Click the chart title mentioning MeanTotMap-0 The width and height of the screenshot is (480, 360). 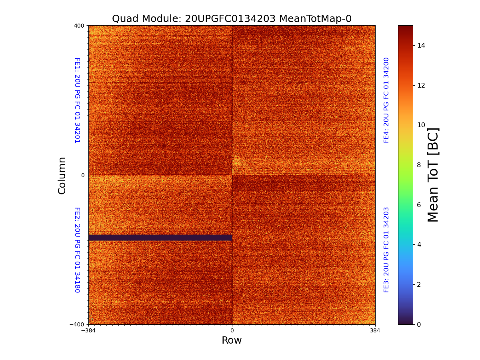pyautogui.click(x=232, y=19)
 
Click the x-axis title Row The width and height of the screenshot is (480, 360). pyautogui.click(x=232, y=340)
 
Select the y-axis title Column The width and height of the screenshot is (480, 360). pyautogui.click(x=62, y=175)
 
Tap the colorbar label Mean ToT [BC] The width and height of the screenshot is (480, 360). pyautogui.click(x=433, y=175)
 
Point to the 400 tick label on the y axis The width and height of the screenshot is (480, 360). pyautogui.click(x=79, y=26)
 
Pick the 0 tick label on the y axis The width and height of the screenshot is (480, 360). pyautogui.click(x=83, y=175)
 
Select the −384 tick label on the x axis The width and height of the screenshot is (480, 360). pyautogui.click(x=88, y=331)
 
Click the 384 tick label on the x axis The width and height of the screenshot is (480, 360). pyautogui.click(x=375, y=331)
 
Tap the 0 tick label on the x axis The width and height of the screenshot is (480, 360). pyautogui.click(x=232, y=331)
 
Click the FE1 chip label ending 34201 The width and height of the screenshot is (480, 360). pyautogui.click(x=77, y=100)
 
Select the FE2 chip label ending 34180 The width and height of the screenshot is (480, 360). pyautogui.click(x=77, y=250)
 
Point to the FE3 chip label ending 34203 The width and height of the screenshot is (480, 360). pyautogui.click(x=386, y=250)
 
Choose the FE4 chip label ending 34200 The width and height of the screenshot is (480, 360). pyautogui.click(x=386, y=100)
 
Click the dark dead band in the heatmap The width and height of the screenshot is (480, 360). pyautogui.click(x=160, y=238)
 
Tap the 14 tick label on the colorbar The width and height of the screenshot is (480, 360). pyautogui.click(x=421, y=45)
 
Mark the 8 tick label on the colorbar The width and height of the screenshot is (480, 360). pyautogui.click(x=419, y=165)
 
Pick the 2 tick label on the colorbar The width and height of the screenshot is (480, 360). pyautogui.click(x=419, y=284)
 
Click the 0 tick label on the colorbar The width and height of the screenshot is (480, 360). pyautogui.click(x=419, y=324)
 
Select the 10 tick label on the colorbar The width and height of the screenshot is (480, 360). pyautogui.click(x=421, y=125)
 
